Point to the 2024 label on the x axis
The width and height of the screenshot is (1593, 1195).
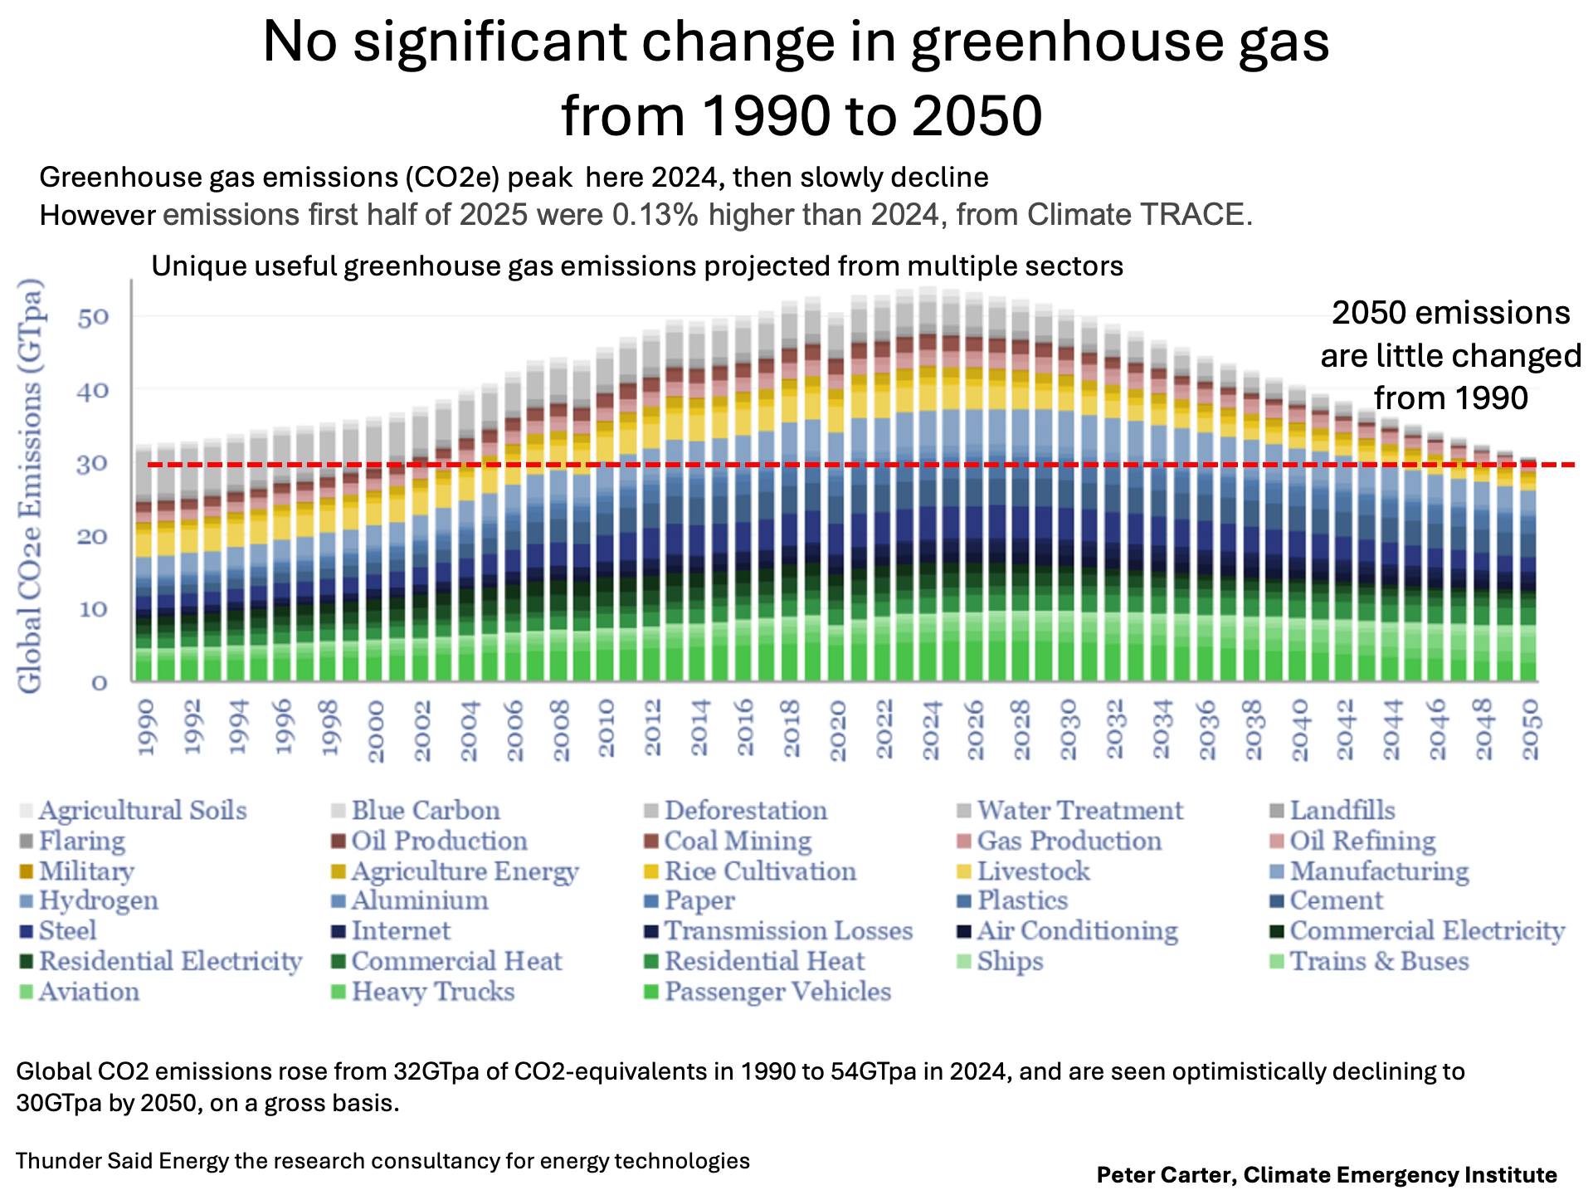point(931,730)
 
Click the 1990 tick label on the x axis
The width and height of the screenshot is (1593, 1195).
point(146,727)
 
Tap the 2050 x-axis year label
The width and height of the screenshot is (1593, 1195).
point(1531,729)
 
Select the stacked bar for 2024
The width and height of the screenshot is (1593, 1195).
point(928,498)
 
